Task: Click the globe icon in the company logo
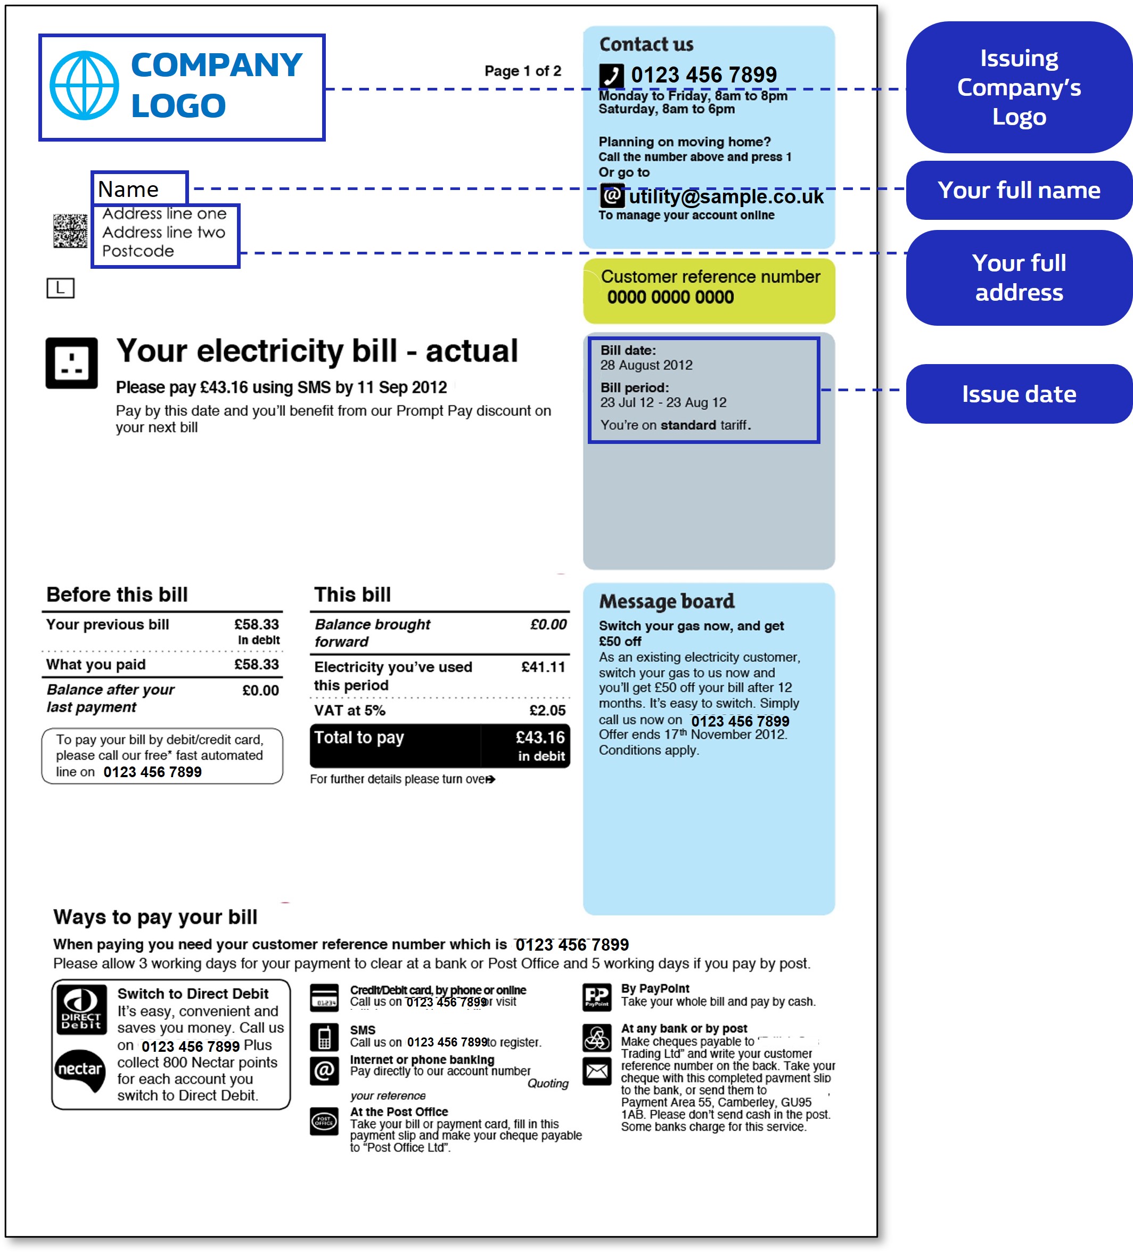[84, 85]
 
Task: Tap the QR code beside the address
[70, 230]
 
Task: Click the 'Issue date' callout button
[1018, 394]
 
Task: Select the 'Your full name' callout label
[1018, 190]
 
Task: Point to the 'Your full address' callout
[1018, 277]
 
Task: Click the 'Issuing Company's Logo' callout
[1018, 88]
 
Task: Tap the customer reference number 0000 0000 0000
[670, 297]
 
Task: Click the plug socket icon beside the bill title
[71, 363]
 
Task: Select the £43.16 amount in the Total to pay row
[540, 738]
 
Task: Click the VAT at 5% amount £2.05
[547, 711]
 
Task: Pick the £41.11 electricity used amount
[543, 667]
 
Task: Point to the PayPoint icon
[597, 996]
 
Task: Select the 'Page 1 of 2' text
[522, 71]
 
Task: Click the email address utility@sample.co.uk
[726, 196]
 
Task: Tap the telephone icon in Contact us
[611, 76]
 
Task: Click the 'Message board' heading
[667, 601]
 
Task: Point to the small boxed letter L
[60, 288]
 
